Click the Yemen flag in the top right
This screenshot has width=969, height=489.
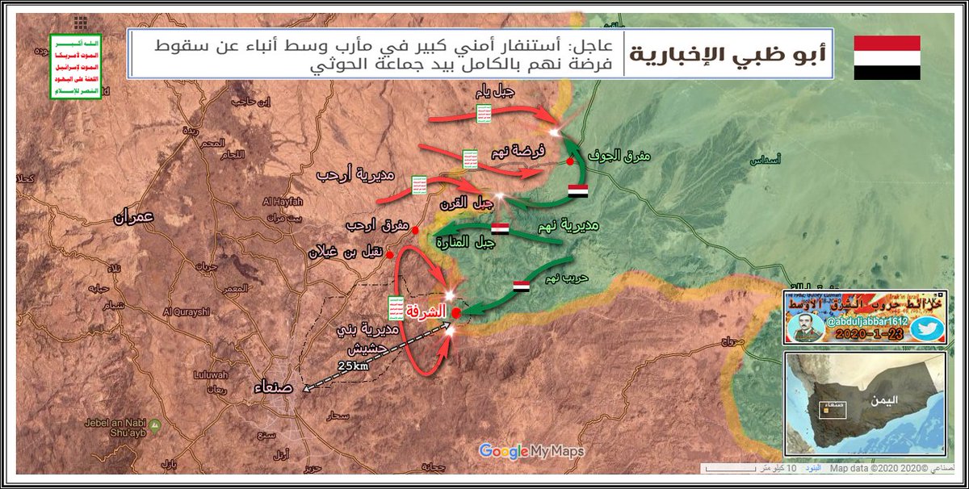(887, 57)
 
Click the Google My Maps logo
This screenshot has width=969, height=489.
(531, 451)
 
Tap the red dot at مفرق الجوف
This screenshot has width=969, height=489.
(571, 161)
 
